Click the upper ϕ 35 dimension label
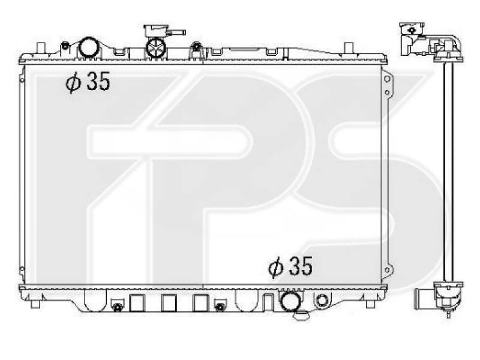point(88,83)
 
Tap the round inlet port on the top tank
point(88,47)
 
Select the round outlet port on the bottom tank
point(290,300)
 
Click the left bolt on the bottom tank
point(118,307)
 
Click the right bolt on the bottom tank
point(220,307)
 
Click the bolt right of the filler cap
point(196,46)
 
